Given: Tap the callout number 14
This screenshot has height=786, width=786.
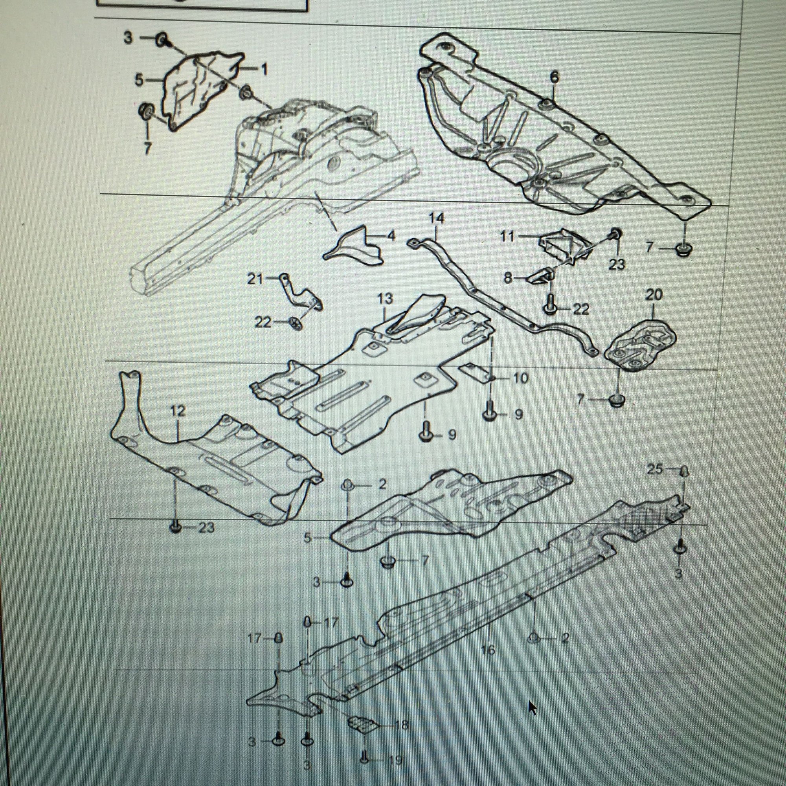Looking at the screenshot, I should click(436, 219).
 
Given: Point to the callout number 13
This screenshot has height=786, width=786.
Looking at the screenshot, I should click(385, 299).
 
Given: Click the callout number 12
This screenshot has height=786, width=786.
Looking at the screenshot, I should click(178, 411).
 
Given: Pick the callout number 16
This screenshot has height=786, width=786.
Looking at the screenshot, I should click(488, 650).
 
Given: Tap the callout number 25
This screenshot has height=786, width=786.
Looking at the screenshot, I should click(654, 470).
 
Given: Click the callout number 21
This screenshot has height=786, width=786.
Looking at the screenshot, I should click(255, 279).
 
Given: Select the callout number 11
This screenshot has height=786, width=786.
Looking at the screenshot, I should click(507, 236).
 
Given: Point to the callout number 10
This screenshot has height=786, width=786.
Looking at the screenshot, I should click(521, 378).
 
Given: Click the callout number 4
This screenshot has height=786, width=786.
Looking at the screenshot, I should click(391, 236).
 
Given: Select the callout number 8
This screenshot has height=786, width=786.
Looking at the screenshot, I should click(508, 278).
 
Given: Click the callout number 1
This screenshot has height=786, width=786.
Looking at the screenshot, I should click(264, 70).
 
